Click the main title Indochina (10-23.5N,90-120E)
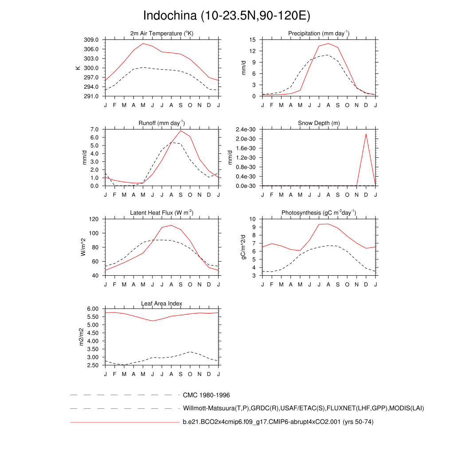click(x=227, y=16)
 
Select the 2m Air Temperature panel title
click(x=162, y=34)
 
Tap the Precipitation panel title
click(x=319, y=34)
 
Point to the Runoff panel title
click(x=162, y=123)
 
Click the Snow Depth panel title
click(x=319, y=123)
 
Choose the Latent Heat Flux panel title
click(x=162, y=213)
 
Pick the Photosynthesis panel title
click(x=319, y=213)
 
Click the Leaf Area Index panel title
click(x=162, y=303)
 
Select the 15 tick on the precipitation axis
click(x=253, y=39)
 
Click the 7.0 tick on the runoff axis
click(x=94, y=129)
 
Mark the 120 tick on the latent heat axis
click(x=94, y=219)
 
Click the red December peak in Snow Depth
click(x=366, y=134)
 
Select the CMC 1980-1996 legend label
click(x=206, y=395)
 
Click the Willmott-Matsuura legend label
click(x=303, y=408)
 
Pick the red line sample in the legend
click(x=124, y=423)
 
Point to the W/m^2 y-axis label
click(x=83, y=247)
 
